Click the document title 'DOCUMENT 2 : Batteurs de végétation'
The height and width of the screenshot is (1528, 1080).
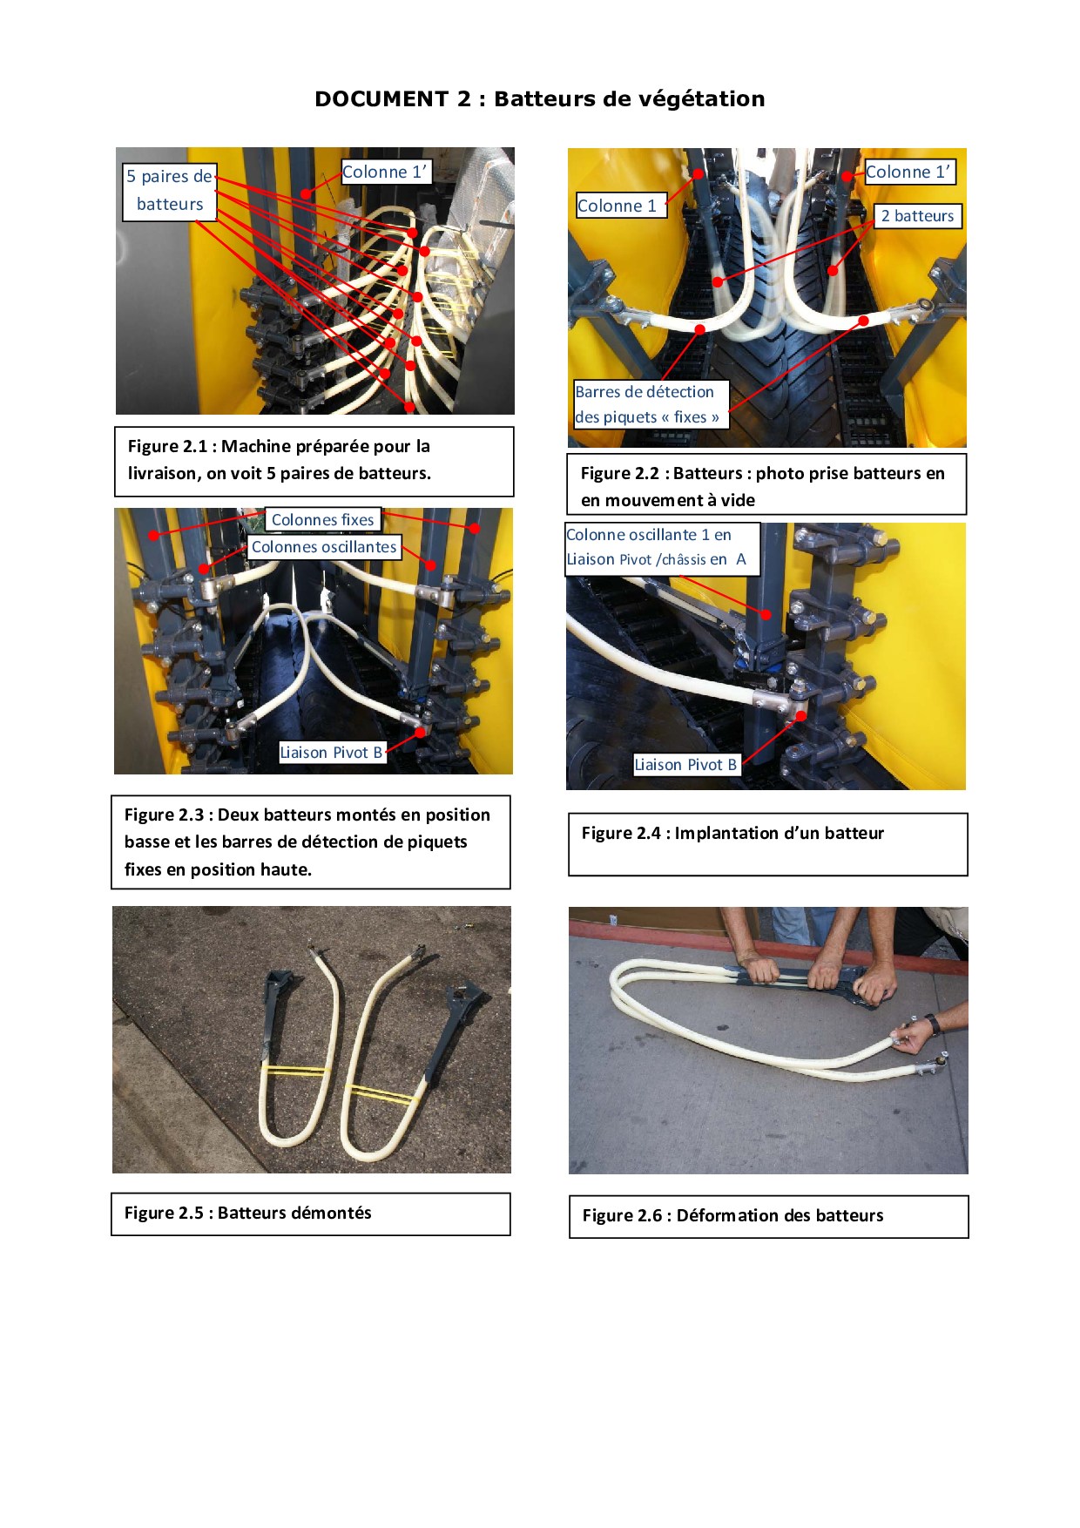tap(540, 99)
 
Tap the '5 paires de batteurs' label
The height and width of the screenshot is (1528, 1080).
tap(169, 191)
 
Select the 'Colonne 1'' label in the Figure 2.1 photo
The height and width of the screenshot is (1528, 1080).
tap(385, 172)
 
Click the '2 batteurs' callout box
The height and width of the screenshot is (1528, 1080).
tap(918, 216)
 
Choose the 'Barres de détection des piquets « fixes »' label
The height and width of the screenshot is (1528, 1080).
tap(648, 404)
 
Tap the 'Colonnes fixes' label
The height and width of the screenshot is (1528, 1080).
tap(322, 520)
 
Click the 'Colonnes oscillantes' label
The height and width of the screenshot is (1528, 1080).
tap(324, 547)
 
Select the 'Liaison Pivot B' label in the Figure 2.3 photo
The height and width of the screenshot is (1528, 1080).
tap(331, 753)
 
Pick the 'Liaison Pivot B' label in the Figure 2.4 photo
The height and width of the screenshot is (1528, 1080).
tap(685, 765)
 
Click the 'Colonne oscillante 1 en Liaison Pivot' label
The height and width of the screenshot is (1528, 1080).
tap(662, 548)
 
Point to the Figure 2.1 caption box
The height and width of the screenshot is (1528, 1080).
tap(314, 461)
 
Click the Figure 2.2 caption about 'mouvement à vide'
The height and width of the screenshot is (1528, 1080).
tap(766, 485)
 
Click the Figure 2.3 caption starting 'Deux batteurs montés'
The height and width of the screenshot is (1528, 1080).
tap(310, 842)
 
